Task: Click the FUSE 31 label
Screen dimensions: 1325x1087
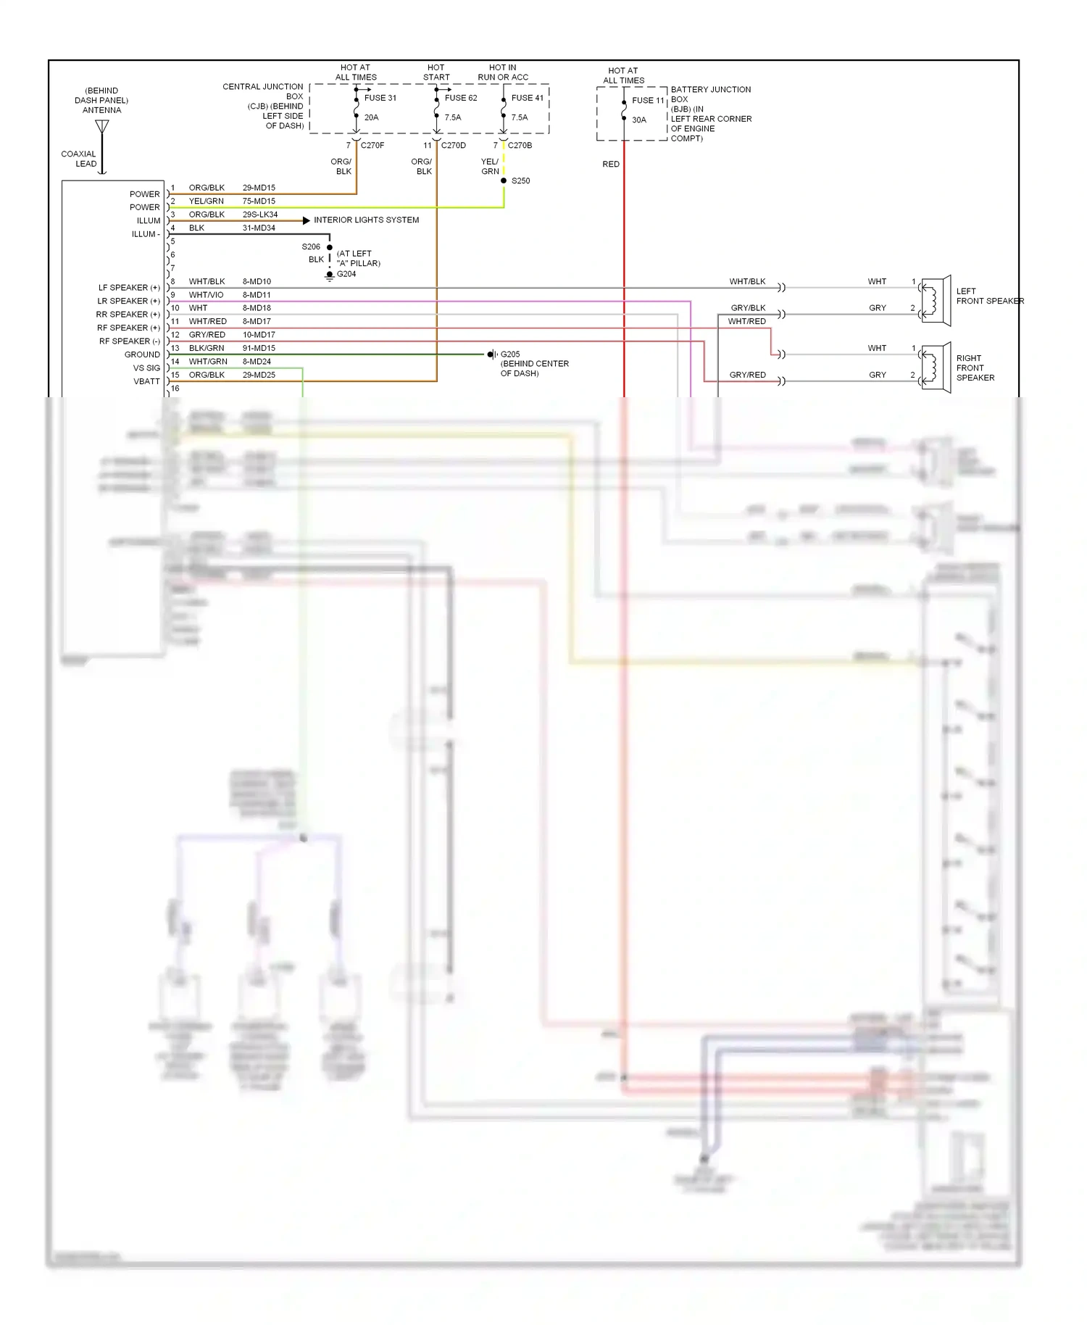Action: [x=380, y=98]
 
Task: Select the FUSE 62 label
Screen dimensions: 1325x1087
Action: [x=461, y=98]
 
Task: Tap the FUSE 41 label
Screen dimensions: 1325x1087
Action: [x=527, y=98]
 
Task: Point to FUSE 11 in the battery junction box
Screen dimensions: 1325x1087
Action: [x=648, y=101]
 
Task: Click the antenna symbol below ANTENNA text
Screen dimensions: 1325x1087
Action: [x=102, y=128]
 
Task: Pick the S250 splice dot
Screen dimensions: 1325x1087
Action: [x=504, y=180]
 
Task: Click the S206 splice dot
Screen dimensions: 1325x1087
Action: [x=330, y=247]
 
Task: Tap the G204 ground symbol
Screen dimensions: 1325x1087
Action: [x=330, y=275]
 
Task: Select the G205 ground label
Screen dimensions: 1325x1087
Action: [x=510, y=354]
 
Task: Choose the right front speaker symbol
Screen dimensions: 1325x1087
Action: [x=935, y=367]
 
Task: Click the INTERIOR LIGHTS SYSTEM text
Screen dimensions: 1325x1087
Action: [x=366, y=220]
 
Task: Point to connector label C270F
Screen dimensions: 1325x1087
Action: [x=372, y=146]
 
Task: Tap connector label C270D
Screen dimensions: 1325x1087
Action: [x=454, y=146]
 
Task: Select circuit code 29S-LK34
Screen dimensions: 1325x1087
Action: [x=260, y=215]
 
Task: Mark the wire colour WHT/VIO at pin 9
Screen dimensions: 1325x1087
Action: [x=206, y=295]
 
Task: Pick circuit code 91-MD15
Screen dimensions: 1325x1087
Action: [x=259, y=349]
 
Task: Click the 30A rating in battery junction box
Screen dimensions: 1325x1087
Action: [x=639, y=120]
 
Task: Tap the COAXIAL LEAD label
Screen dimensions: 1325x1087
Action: [x=79, y=159]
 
